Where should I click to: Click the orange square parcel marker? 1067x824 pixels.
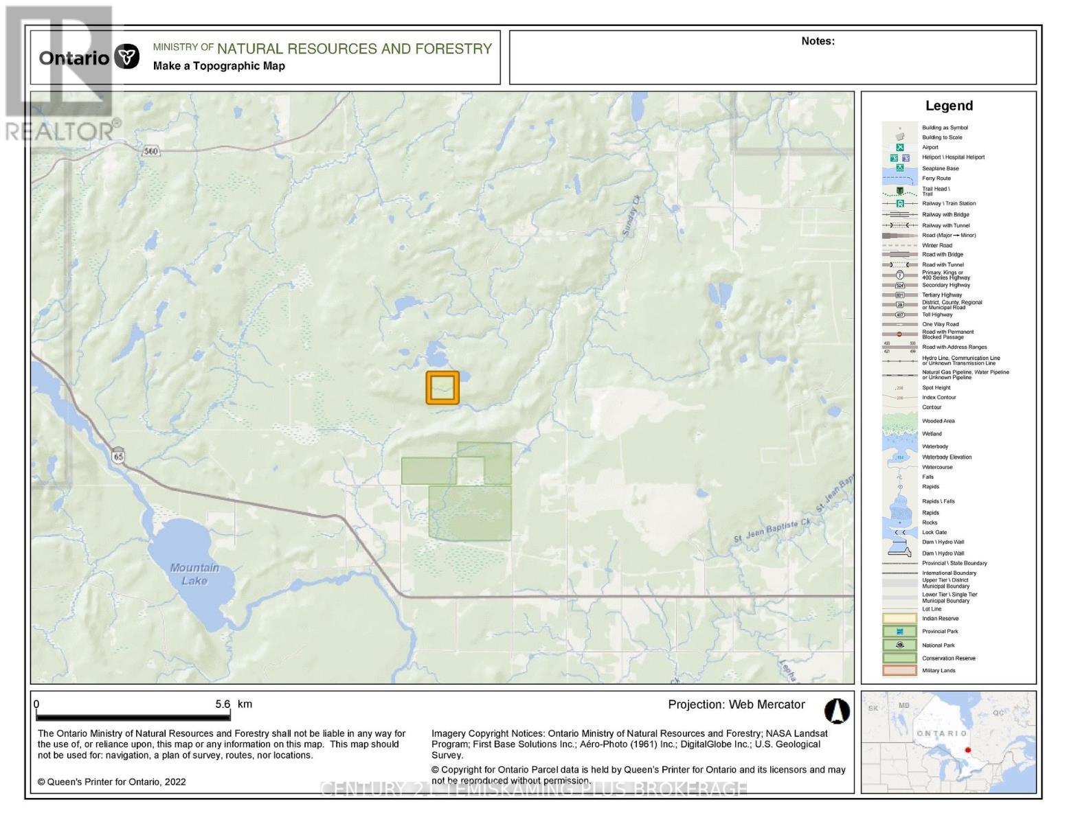(x=442, y=387)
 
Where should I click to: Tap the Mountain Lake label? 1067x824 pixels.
(x=194, y=574)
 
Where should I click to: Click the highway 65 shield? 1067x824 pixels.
(x=119, y=456)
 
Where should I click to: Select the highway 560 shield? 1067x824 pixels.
(x=150, y=151)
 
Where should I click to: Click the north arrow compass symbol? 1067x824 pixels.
(x=836, y=711)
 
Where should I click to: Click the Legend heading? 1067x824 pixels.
(x=949, y=106)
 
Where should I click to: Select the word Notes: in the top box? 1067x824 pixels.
(x=818, y=41)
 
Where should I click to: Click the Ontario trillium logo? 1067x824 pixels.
(x=126, y=57)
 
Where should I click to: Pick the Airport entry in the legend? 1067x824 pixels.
(x=930, y=147)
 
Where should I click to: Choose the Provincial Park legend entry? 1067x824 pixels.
(x=939, y=631)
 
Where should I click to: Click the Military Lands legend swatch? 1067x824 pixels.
(x=899, y=671)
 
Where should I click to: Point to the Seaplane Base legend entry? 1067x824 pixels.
(x=940, y=168)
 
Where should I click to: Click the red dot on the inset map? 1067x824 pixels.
(x=967, y=750)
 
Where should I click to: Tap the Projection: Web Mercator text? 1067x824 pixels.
(x=736, y=705)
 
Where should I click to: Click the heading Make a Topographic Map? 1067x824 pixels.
(x=218, y=66)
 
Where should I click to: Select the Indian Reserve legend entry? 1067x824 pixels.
(x=939, y=618)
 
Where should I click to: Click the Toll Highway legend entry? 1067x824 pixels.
(x=936, y=314)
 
